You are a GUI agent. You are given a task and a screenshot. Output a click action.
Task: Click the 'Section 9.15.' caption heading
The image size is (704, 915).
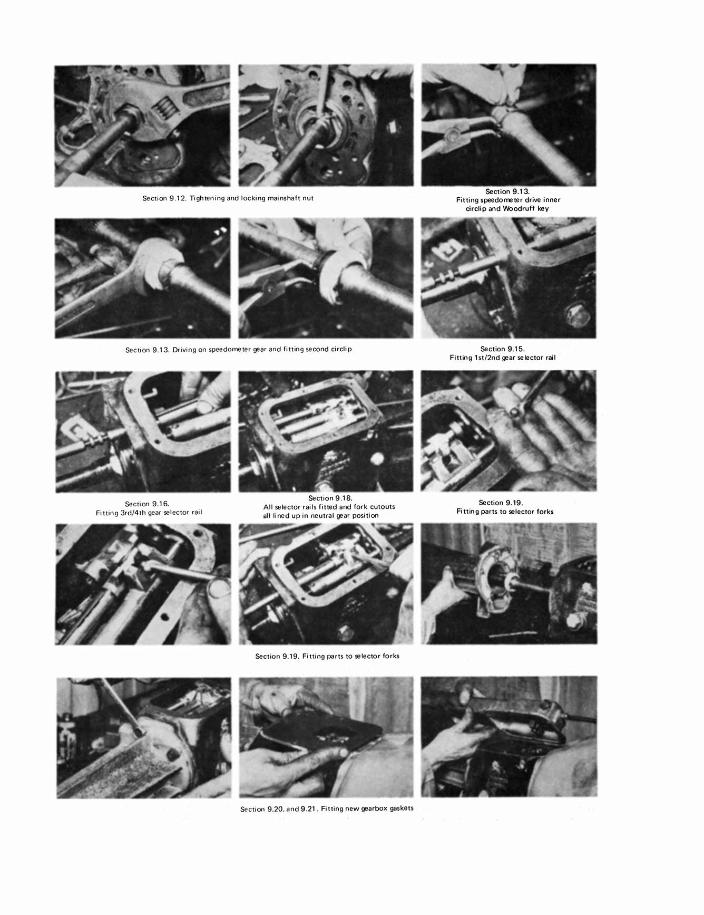[x=502, y=349]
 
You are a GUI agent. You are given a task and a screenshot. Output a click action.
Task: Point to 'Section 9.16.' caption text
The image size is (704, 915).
[x=146, y=504]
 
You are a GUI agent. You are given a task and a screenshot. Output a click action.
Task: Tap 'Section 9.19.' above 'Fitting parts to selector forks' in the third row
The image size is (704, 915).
[x=501, y=503]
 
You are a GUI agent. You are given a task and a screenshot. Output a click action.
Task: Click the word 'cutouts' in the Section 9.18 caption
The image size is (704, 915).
[x=383, y=507]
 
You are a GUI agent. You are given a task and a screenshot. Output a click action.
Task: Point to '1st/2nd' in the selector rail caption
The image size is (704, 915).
[x=493, y=358]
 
